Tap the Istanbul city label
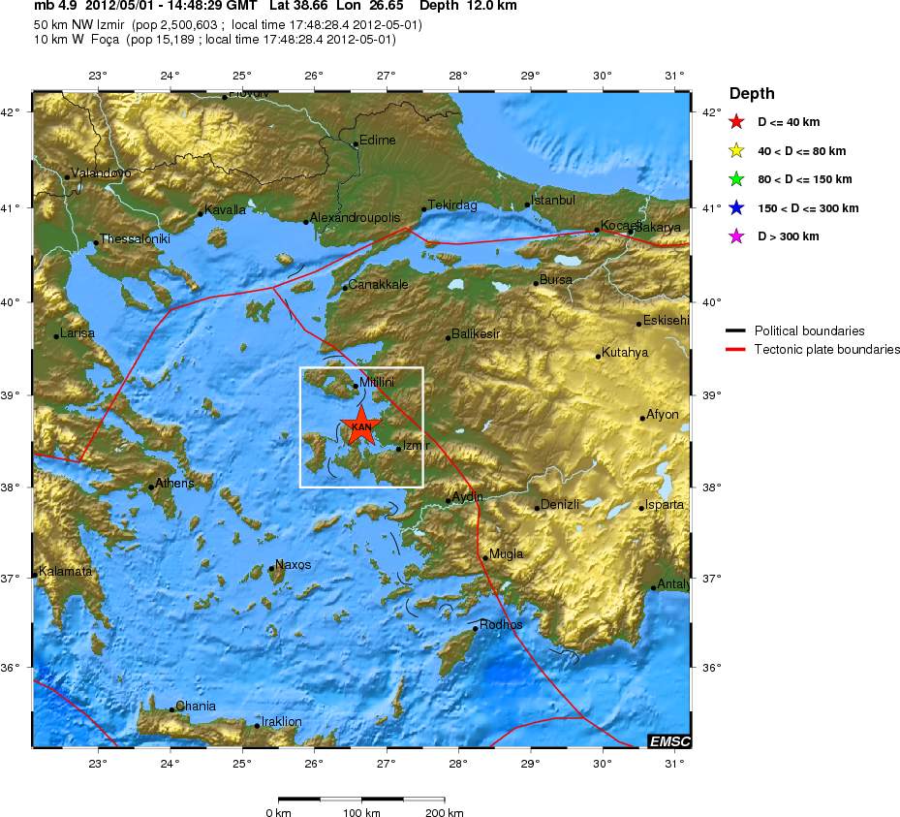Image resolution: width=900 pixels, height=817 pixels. click(x=553, y=200)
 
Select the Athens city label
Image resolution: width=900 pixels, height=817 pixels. click(x=174, y=483)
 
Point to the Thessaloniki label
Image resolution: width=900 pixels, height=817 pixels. click(x=136, y=238)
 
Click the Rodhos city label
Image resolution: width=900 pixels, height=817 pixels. click(x=501, y=625)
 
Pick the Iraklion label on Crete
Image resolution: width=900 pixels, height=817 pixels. click(x=281, y=722)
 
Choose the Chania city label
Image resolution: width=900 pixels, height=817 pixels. click(x=196, y=707)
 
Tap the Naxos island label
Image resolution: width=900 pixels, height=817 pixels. click(x=293, y=564)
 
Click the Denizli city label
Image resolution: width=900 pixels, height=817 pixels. click(x=559, y=504)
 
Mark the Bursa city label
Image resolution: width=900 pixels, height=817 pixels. click(x=555, y=280)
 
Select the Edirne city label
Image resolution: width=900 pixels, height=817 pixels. click(x=377, y=140)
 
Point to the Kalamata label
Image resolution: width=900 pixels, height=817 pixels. click(x=66, y=571)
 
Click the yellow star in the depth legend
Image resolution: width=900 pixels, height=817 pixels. click(x=737, y=150)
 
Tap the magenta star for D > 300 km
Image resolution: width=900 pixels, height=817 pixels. click(x=737, y=236)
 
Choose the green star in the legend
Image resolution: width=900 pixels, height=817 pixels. click(x=737, y=179)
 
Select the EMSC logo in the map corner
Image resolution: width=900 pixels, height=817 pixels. click(x=670, y=741)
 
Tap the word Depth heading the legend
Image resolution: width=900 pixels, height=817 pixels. click(x=752, y=94)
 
